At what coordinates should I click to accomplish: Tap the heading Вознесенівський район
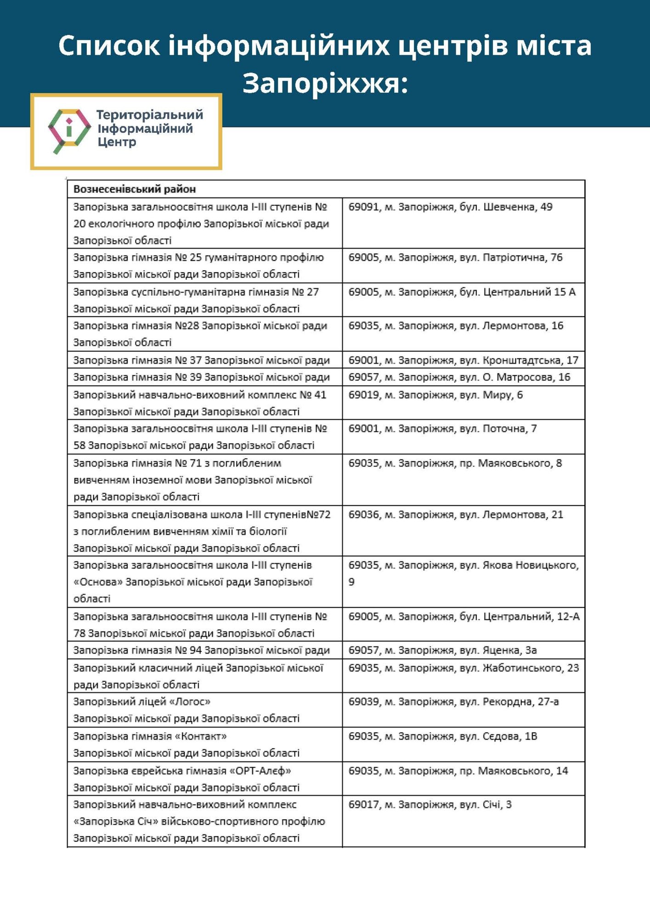(135, 189)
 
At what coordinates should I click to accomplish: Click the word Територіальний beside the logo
(150, 115)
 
